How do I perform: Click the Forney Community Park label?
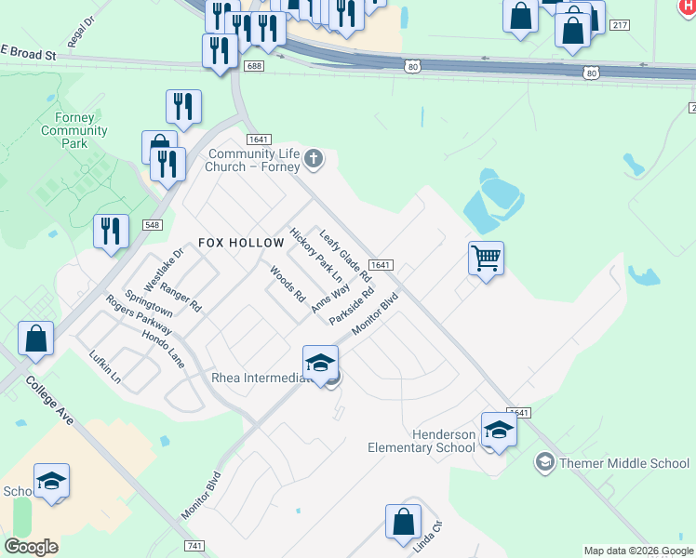[x=74, y=130]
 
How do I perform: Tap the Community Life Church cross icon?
[x=314, y=159]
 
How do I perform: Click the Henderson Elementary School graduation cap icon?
[x=499, y=431]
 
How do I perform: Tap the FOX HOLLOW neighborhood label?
[x=241, y=242]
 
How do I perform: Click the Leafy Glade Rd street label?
[x=345, y=254]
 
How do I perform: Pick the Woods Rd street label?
[x=288, y=286]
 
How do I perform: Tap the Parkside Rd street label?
[x=352, y=305]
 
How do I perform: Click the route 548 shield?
[x=153, y=225]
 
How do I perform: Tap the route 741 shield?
[x=194, y=545]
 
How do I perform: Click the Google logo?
[x=31, y=547]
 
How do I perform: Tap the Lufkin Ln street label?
[x=105, y=367]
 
